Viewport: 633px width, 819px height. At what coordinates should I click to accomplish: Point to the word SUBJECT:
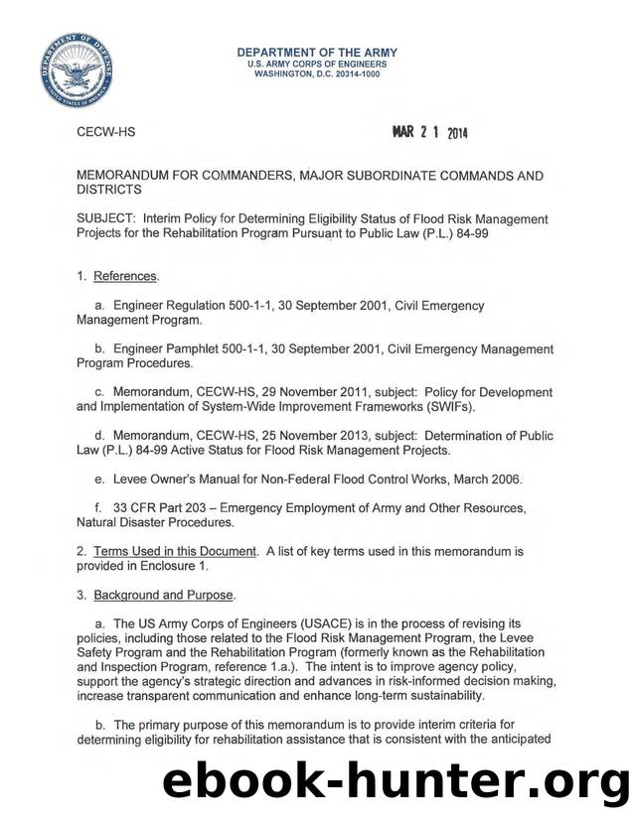tap(109, 217)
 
